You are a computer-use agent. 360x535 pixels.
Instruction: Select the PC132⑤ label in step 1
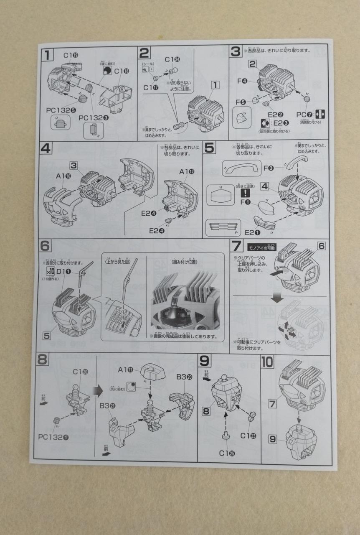(x=61, y=110)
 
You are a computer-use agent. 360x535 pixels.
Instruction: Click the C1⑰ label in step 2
(x=152, y=87)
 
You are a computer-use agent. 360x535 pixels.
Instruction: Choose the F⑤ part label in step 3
(x=241, y=102)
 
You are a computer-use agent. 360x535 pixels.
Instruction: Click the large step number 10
(x=267, y=362)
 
